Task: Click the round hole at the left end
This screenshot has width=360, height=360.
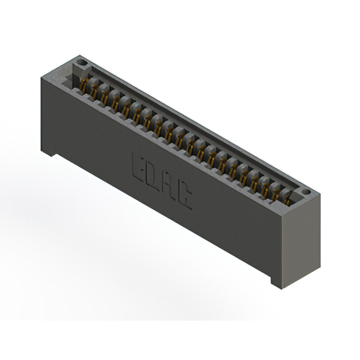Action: pyautogui.click(x=82, y=62)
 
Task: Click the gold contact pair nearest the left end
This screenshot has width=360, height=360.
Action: pyautogui.click(x=84, y=85)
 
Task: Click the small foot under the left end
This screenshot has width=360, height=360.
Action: pyautogui.click(x=49, y=153)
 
